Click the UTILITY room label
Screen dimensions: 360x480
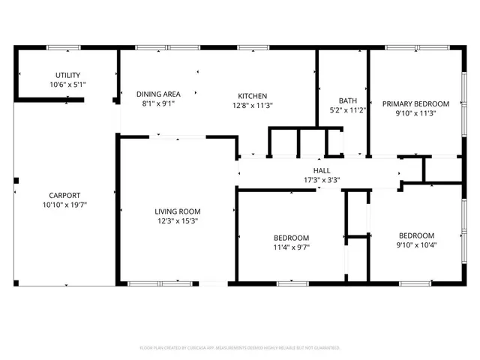pos(68,75)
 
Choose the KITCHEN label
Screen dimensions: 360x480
pos(253,96)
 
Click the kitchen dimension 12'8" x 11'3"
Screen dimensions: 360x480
pos(253,106)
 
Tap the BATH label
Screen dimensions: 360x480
pos(348,100)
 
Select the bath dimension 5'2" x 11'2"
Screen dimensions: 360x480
pos(348,110)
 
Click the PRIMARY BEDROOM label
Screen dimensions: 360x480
pos(415,103)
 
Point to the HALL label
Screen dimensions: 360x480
pos(322,170)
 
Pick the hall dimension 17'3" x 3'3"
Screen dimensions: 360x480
pos(322,180)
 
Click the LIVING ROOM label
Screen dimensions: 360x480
pos(178,211)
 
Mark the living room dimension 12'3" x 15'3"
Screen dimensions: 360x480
pos(178,221)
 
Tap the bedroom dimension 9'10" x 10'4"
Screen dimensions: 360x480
pos(416,244)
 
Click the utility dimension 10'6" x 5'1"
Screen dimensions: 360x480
pos(68,85)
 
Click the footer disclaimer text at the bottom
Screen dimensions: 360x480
pos(240,348)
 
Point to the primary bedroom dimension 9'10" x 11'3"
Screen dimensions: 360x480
pos(415,113)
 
